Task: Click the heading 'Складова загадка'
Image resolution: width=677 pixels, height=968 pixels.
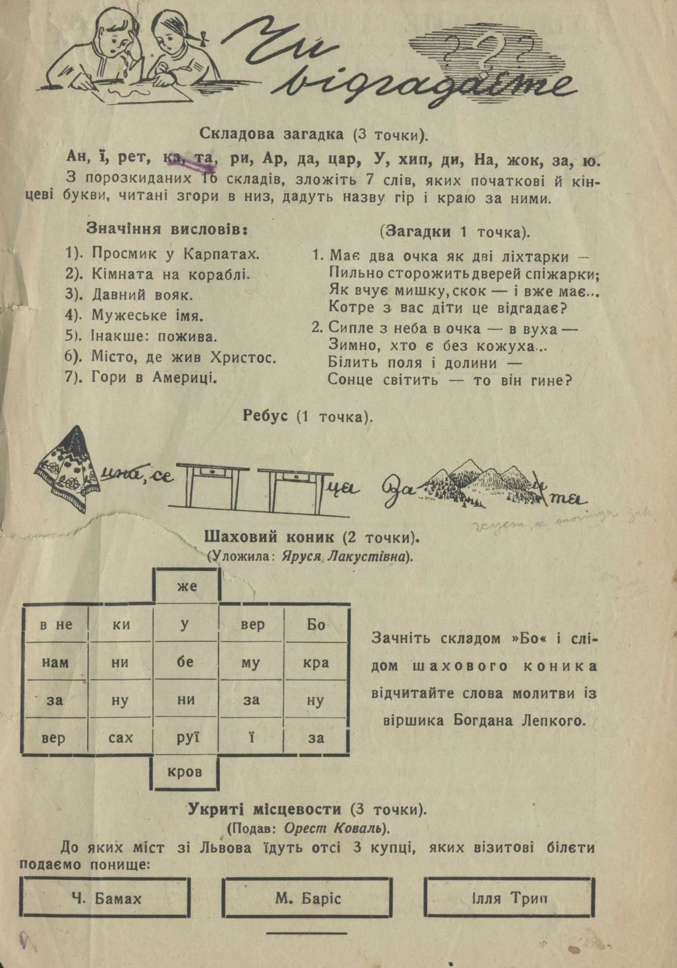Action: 271,134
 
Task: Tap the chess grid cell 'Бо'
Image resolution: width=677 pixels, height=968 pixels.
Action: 316,624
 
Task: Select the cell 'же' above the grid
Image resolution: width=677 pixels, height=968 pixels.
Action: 186,586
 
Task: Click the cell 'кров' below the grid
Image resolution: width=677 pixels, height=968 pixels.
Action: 185,771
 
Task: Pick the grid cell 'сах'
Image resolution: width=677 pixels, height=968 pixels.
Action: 120,738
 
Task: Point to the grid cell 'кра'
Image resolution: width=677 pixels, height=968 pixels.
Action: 316,662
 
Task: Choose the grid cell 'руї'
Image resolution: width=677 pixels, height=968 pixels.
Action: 186,738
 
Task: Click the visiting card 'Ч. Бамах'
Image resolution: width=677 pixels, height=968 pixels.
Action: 106,899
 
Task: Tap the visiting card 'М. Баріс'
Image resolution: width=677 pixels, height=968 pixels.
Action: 308,899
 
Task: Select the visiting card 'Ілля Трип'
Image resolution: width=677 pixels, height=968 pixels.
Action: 509,899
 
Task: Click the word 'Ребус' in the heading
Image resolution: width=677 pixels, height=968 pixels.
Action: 265,416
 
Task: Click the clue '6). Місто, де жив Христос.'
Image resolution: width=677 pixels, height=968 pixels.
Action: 170,357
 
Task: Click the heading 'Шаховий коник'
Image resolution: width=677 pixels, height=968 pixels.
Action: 269,538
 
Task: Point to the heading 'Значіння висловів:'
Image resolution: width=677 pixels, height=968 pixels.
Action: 167,229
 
